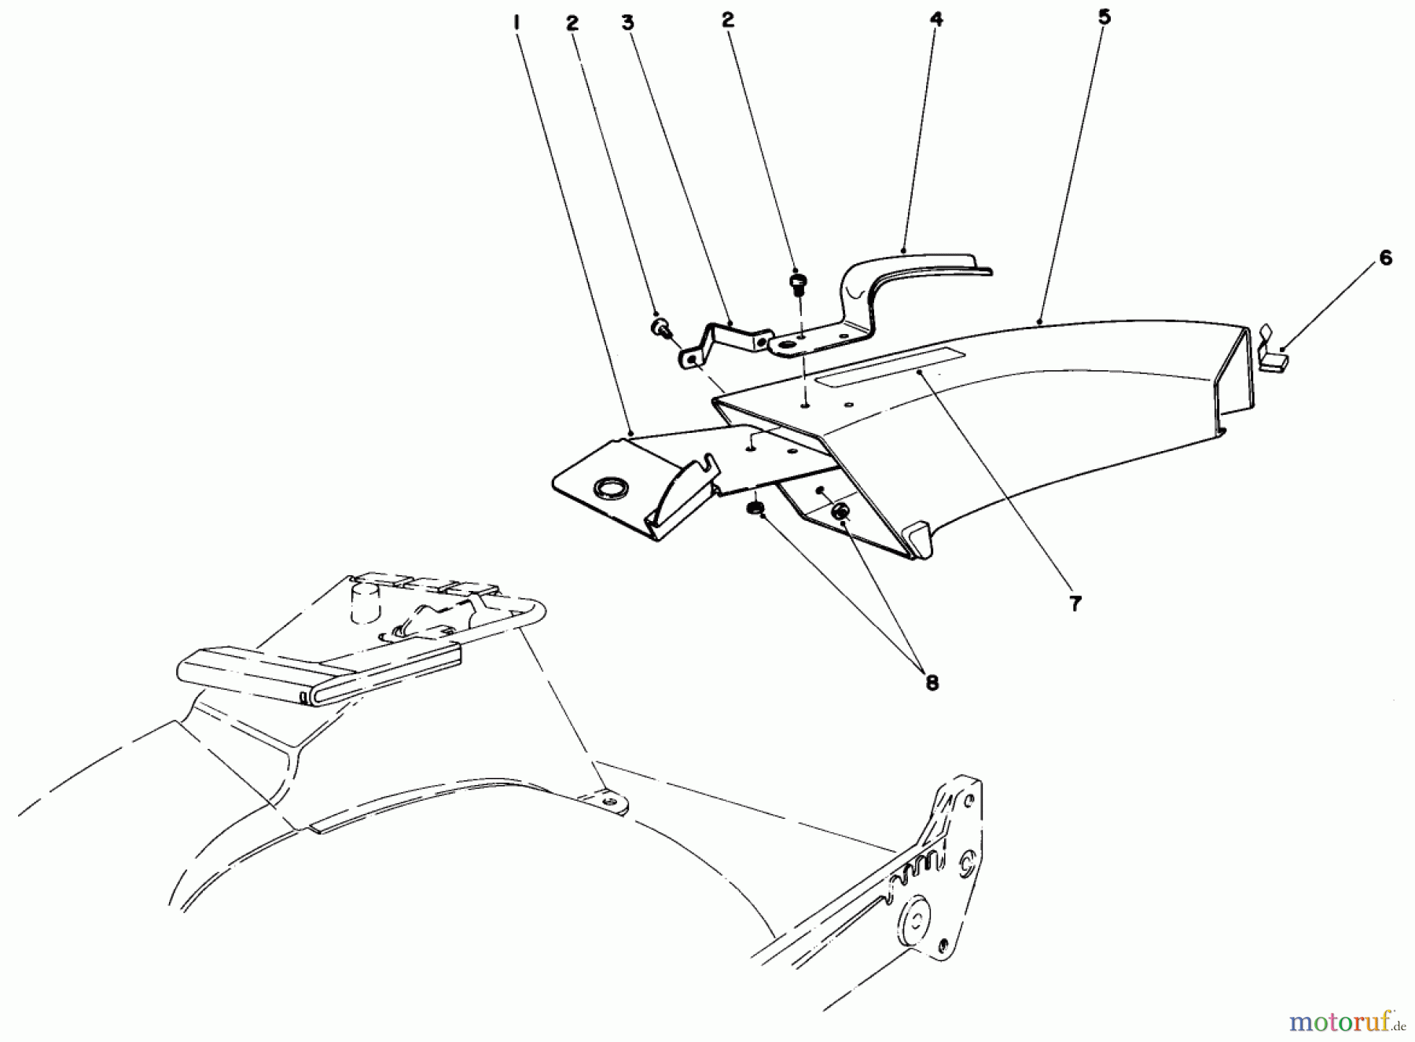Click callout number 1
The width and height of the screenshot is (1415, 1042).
coord(516,23)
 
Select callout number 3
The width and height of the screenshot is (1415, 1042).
coord(627,23)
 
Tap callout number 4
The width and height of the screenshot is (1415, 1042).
coord(935,19)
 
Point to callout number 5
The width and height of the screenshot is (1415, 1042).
coord(1104,17)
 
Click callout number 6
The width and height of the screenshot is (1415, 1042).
coord(1385,258)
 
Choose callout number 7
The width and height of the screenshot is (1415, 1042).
coord(1075,604)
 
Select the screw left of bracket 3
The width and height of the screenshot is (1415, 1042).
coord(660,327)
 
